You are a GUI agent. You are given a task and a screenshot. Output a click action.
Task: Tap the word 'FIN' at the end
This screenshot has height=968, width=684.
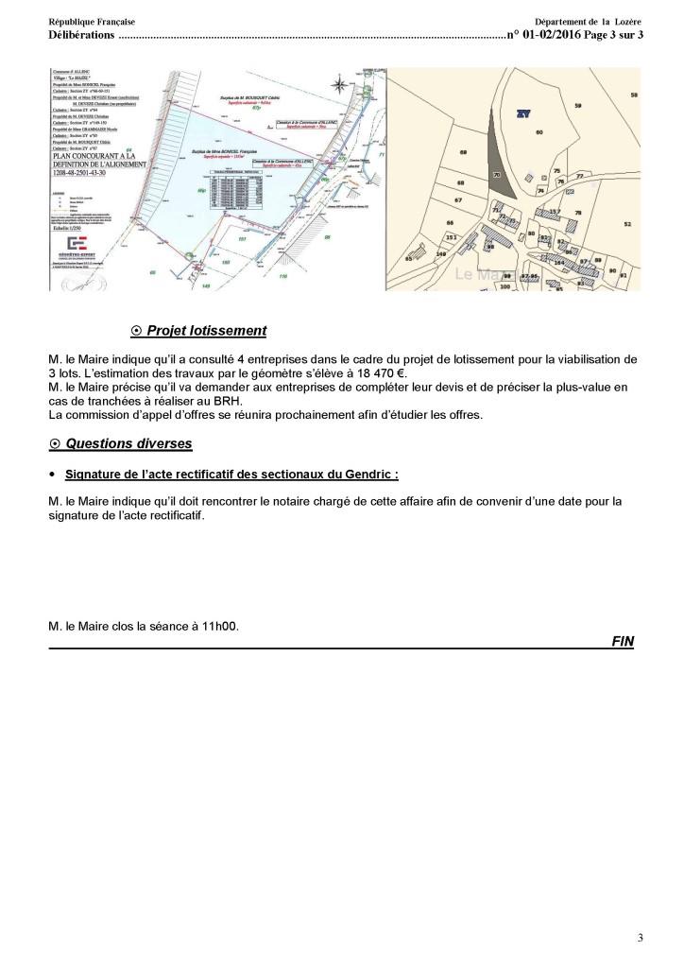pos(623,641)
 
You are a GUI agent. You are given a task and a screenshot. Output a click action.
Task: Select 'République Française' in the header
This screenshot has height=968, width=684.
pos(92,22)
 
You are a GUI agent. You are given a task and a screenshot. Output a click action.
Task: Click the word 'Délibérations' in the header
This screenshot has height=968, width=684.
pos(81,36)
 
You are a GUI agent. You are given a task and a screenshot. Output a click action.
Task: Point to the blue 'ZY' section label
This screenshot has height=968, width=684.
pos(522,113)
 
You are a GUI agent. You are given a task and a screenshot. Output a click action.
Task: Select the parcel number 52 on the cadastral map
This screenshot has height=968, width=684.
pos(626,224)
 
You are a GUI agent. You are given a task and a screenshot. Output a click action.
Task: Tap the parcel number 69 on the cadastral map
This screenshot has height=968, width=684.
pos(463,152)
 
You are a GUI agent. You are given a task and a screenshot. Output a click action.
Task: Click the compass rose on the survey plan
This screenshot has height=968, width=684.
pos(337,87)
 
